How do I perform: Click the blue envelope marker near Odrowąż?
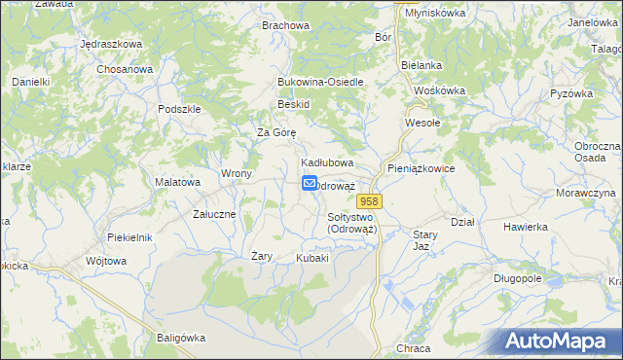click(310, 183)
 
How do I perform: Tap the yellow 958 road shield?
click(381, 199)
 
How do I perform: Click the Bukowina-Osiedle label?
click(320, 82)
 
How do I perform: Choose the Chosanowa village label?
click(126, 69)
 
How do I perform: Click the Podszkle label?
click(179, 109)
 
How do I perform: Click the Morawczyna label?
click(586, 193)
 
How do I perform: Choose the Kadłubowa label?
click(326, 162)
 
